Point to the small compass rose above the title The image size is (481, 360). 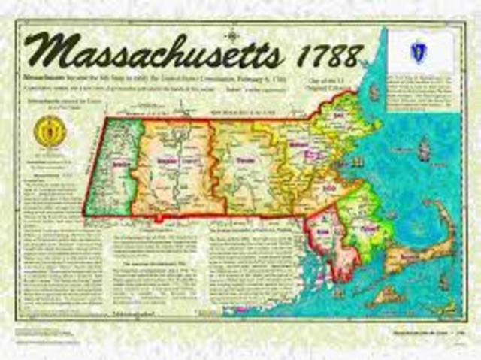232,32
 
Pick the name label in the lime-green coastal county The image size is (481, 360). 366,225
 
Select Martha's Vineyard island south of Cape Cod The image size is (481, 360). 387,295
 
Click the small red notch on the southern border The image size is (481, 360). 159,219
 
